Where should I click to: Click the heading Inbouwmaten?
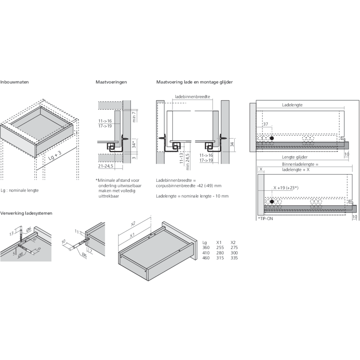[x=14, y=82]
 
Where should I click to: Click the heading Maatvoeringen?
[x=111, y=82]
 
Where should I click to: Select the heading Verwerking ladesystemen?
[x=26, y=213]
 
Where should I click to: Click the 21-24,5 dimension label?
[x=105, y=166]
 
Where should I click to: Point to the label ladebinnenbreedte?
[x=192, y=96]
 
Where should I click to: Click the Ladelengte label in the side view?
[x=292, y=105]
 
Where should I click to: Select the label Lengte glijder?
[x=295, y=157]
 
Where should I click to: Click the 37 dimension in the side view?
[x=265, y=124]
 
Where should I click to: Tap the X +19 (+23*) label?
[x=286, y=188]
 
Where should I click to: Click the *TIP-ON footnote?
[x=265, y=219]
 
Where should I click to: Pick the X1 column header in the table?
[x=219, y=242]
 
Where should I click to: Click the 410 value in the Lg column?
[x=206, y=253]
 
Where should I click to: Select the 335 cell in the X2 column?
[x=234, y=258]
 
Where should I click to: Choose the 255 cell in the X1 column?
[x=220, y=248]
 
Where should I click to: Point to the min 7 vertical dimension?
[x=134, y=117]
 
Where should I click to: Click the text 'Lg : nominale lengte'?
[x=19, y=190]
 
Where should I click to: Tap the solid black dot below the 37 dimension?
[x=272, y=138]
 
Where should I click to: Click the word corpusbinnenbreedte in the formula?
[x=176, y=185]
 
